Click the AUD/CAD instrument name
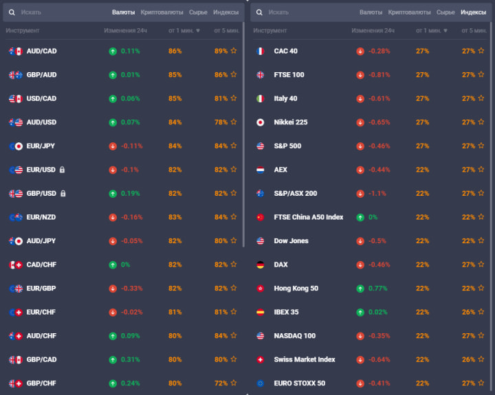point(41,51)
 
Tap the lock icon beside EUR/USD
point(63,170)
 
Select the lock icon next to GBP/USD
point(63,194)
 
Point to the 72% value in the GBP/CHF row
point(221,383)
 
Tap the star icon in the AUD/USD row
point(234,122)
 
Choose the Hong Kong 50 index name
point(296,289)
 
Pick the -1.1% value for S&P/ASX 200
point(377,194)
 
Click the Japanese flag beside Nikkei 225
point(260,122)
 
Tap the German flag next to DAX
point(260,264)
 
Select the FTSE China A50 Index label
point(308,217)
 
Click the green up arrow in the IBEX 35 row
point(360,312)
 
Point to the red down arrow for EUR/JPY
point(113,146)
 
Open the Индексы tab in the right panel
point(473,12)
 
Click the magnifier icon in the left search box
point(12,12)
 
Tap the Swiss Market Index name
point(305,359)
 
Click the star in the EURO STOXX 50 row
point(481,383)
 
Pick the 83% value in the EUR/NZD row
point(175,217)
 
